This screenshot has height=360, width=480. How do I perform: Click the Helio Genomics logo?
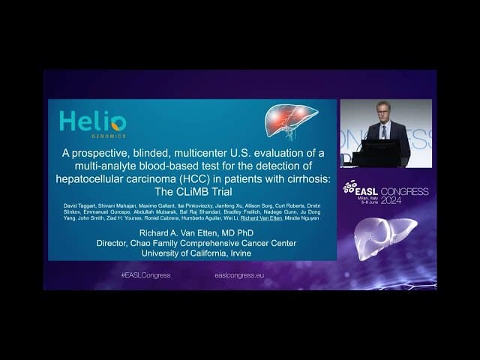[x=92, y=123]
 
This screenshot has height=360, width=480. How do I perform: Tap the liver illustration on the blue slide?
[x=291, y=120]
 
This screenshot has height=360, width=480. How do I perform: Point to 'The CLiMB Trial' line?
[x=193, y=191]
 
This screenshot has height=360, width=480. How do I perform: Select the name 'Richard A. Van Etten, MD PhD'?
[x=193, y=232]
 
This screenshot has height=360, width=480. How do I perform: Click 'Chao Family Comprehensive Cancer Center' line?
[x=193, y=243]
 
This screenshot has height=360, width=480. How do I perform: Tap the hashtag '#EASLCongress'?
[x=145, y=275]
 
